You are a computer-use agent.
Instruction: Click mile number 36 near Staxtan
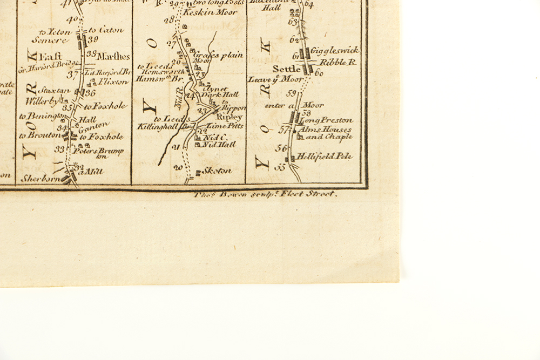(x=90, y=93)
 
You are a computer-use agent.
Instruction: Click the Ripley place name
(x=230, y=117)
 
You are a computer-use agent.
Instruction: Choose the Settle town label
(x=286, y=69)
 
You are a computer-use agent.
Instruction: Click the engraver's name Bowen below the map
(x=224, y=194)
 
